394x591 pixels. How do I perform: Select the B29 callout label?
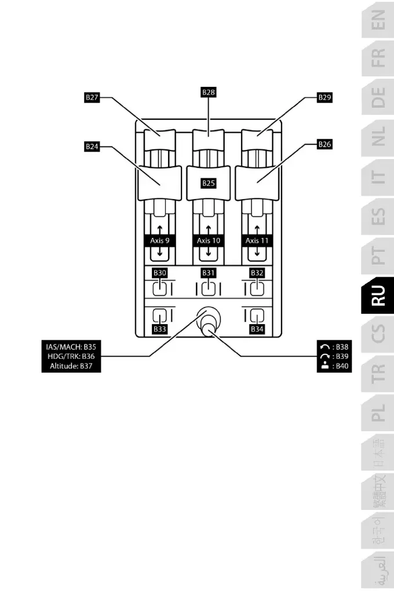(x=325, y=98)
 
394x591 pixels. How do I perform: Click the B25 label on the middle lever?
(x=209, y=183)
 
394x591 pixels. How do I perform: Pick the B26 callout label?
(x=325, y=144)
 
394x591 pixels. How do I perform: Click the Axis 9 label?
(x=159, y=240)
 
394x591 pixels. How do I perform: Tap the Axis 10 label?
(x=209, y=240)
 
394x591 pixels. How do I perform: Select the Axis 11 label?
(x=257, y=240)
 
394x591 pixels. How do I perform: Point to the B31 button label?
(x=209, y=271)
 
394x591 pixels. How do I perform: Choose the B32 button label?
(x=257, y=271)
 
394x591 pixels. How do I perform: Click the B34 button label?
(x=257, y=329)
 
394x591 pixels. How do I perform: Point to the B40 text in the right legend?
(x=342, y=366)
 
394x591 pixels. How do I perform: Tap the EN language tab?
(x=378, y=24)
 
